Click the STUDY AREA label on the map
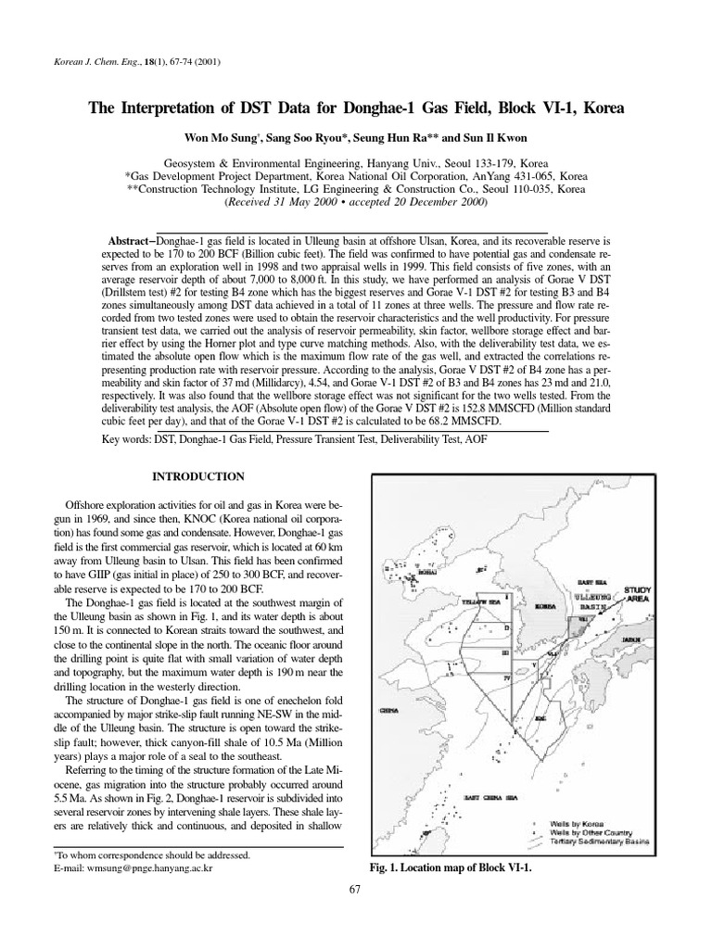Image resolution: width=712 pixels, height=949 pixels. (x=637, y=594)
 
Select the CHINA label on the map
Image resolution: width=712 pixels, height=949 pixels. (x=389, y=712)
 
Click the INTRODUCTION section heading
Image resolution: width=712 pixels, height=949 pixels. (x=198, y=476)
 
